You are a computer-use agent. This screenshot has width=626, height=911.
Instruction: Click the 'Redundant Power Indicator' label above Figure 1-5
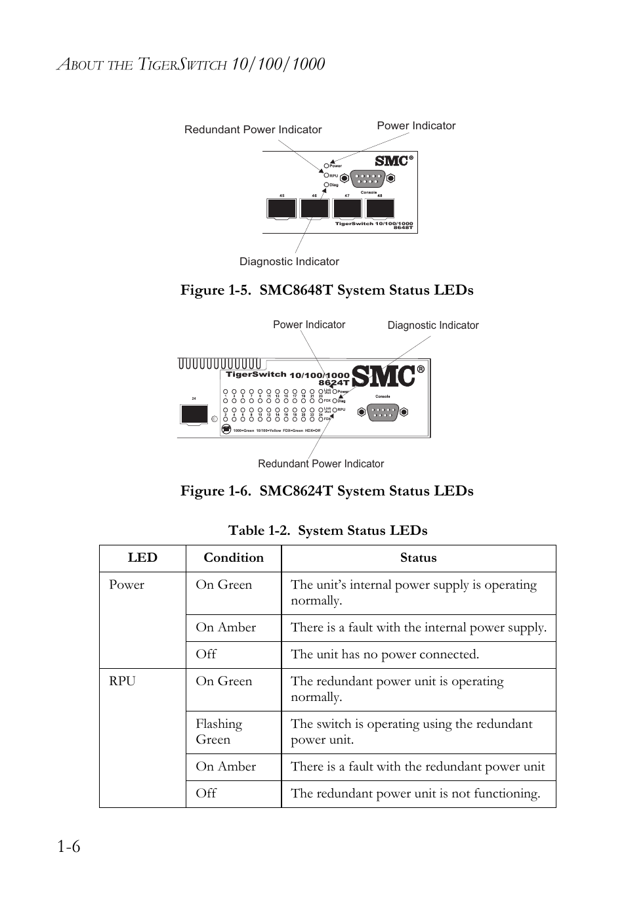[x=253, y=130]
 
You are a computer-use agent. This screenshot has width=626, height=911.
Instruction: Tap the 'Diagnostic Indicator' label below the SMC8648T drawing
[x=289, y=261]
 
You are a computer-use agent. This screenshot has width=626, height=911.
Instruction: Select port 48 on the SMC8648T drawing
[x=380, y=208]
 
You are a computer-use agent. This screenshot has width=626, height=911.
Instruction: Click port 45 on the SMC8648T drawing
[x=282, y=208]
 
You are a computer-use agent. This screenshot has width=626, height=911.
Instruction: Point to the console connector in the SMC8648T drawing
[x=367, y=178]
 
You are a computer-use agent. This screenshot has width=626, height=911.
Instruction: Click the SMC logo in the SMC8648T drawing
[x=392, y=161]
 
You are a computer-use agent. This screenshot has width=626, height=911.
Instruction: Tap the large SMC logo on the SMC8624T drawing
[x=385, y=376]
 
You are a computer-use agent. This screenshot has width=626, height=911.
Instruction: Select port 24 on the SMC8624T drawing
[x=194, y=414]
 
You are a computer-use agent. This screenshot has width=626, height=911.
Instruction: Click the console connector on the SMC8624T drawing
[x=383, y=412]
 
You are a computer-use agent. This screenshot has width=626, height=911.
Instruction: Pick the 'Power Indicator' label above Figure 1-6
[x=308, y=325]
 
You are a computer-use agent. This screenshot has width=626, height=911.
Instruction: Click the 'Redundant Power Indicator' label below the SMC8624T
[x=321, y=463]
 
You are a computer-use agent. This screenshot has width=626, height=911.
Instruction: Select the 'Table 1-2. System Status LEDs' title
[x=327, y=530]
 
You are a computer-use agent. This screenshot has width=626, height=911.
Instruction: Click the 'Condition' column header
[x=233, y=558]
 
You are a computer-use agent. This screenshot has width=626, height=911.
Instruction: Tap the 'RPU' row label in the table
[x=122, y=681]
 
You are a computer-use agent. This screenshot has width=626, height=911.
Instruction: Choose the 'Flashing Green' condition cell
[x=219, y=731]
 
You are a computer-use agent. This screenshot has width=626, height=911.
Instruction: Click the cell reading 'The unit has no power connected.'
[x=385, y=654]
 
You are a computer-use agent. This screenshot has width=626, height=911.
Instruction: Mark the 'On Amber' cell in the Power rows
[x=225, y=627]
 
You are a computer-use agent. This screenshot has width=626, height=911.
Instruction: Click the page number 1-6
[x=68, y=847]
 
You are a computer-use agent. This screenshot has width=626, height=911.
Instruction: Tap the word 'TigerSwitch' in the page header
[x=182, y=64]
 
